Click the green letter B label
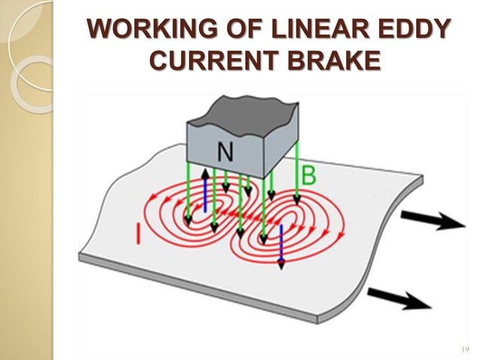pos(308,177)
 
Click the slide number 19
pos(463,349)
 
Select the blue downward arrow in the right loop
pos(281,246)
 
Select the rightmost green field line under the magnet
pos(297,173)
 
